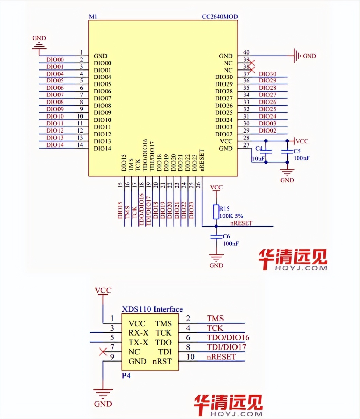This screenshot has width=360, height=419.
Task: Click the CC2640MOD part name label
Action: coord(220,17)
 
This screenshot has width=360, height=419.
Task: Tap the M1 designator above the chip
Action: coord(93,17)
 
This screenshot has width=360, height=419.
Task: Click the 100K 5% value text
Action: coord(231,216)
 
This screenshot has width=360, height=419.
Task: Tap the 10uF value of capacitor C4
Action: coord(258,158)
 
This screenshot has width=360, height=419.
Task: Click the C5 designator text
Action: coord(297,151)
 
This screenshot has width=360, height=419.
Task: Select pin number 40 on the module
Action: coord(246,52)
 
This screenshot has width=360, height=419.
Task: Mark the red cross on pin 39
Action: coord(251,63)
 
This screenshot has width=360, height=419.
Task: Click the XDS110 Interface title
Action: coord(152,309)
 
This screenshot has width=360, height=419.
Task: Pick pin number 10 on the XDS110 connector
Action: coord(191,357)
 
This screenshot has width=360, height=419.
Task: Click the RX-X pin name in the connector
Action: coord(138,333)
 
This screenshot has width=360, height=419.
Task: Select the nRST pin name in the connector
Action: coord(162,361)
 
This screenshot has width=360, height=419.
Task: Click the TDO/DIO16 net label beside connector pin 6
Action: coord(228,338)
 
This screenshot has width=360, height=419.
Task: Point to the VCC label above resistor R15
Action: coord(216,187)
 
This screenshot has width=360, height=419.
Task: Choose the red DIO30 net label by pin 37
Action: coord(267,74)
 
